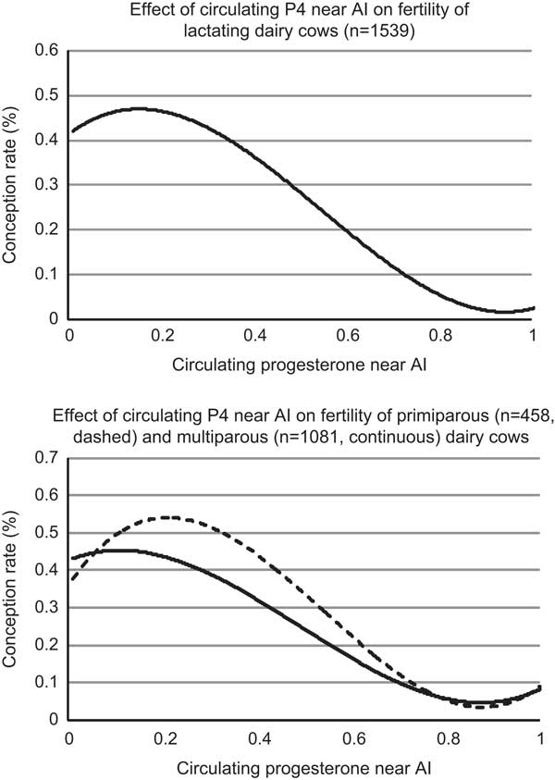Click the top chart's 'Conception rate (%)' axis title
coord(13,185)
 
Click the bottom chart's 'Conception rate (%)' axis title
coord(13,588)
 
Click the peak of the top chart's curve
coord(139,108)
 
